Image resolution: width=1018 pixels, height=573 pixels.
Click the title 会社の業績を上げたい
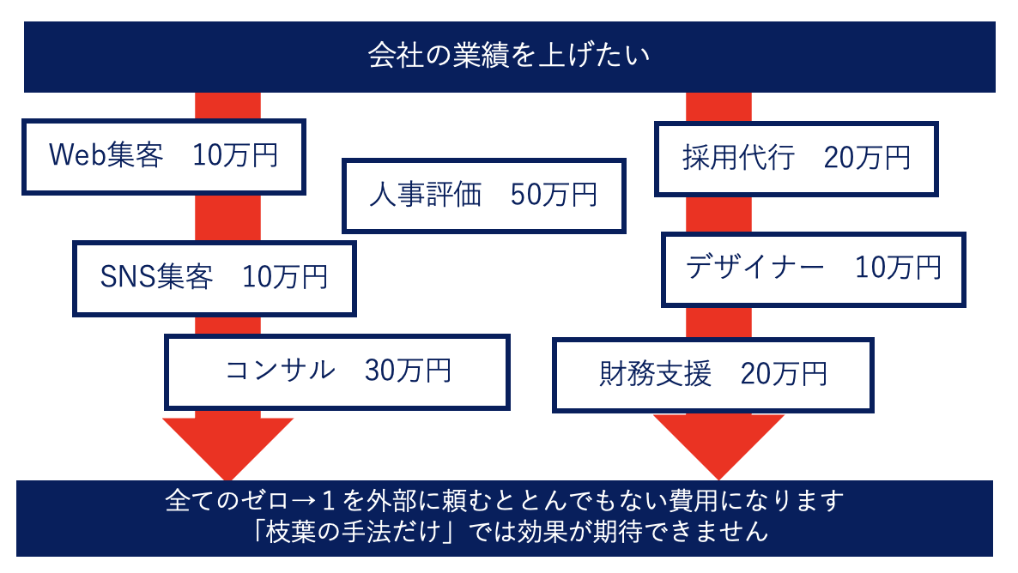pyautogui.click(x=508, y=55)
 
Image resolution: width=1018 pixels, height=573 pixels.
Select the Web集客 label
pyautogui.click(x=106, y=155)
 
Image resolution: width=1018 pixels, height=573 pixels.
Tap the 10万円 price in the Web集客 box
pyautogui.click(x=235, y=155)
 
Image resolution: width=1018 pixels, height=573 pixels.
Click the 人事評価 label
pyautogui.click(x=425, y=195)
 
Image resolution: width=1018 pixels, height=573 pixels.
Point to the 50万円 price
pyautogui.click(x=553, y=195)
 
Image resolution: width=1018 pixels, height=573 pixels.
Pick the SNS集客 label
pyautogui.click(x=156, y=277)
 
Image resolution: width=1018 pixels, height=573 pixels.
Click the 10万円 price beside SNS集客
pyautogui.click(x=285, y=277)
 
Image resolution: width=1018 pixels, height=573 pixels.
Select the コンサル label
pyautogui.click(x=281, y=370)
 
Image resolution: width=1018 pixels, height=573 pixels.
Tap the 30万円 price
pyautogui.click(x=408, y=370)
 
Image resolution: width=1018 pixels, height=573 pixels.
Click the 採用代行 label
pyautogui.click(x=738, y=158)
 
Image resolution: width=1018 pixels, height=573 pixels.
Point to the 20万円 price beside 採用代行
pyautogui.click(x=868, y=158)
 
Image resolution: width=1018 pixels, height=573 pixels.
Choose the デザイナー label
pyautogui.click(x=755, y=267)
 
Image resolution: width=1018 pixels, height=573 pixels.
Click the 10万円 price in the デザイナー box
pyautogui.click(x=898, y=267)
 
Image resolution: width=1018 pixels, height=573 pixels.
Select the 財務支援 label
pyautogui.click(x=655, y=374)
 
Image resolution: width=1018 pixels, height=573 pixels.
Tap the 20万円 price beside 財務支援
pyautogui.click(x=784, y=374)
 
